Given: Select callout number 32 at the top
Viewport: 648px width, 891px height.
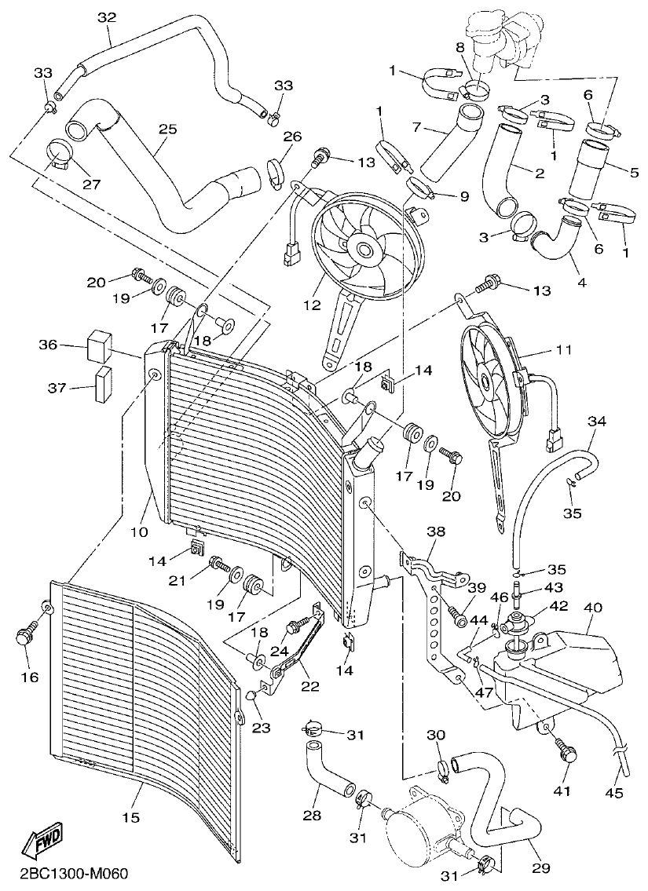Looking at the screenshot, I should [107, 17].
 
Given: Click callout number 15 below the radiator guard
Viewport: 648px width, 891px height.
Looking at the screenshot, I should [130, 817].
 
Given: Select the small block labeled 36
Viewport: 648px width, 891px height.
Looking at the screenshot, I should [100, 344].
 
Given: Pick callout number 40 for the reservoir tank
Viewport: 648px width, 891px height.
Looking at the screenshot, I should [592, 607].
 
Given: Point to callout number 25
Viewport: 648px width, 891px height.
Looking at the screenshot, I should [167, 127].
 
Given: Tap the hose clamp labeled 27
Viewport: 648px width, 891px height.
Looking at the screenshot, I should [57, 154].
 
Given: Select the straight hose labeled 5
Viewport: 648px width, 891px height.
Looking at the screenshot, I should [588, 169].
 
